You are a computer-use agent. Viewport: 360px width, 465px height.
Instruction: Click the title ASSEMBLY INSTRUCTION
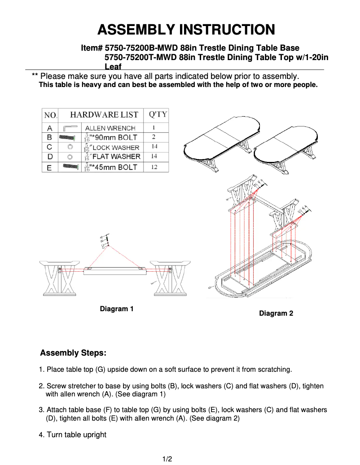[186, 30]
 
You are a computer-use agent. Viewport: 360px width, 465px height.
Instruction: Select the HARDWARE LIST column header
[104, 115]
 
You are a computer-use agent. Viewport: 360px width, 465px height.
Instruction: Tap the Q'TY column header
[157, 114]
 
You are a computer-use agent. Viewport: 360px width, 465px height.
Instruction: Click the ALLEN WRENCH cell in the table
[110, 128]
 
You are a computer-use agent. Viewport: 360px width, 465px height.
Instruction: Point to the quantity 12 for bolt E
[154, 167]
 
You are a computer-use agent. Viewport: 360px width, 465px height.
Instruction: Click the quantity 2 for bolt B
[154, 137]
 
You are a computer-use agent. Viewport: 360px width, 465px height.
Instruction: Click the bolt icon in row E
[70, 167]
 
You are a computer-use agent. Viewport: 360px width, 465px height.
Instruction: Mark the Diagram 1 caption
[117, 309]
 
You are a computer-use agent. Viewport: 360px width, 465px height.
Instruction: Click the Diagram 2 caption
[276, 313]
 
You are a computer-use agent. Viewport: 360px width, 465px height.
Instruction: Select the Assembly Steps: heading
[73, 353]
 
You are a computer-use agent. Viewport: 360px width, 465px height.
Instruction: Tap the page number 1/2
[167, 459]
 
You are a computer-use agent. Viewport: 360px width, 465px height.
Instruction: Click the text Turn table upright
[76, 435]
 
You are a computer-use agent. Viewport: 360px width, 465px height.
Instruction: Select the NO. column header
[50, 115]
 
